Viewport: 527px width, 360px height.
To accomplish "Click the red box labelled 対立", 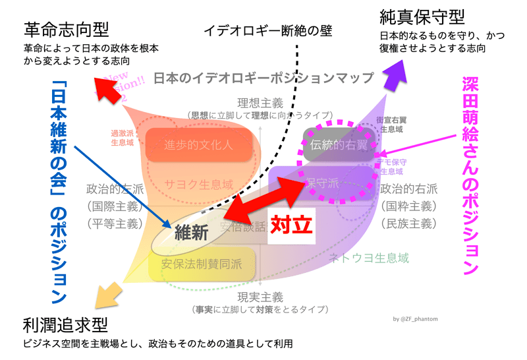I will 291,225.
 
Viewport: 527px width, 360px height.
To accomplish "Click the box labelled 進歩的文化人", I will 199,144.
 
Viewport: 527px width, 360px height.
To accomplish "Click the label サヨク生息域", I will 199,185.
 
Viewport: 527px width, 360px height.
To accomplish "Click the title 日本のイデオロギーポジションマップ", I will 263,78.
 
